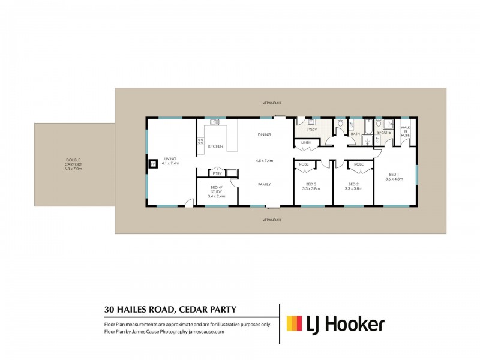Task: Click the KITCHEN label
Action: coord(215,146)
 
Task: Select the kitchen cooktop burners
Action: coord(200,142)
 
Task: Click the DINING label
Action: coord(264,134)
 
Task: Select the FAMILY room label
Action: coord(264,184)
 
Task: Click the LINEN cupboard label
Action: coord(306,142)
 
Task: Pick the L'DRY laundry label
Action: coord(311,130)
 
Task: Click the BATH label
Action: coord(355,134)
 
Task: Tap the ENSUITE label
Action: coord(384,133)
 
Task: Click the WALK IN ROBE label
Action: coord(406,132)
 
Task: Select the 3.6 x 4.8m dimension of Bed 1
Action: coord(394,178)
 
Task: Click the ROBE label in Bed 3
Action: coord(304,164)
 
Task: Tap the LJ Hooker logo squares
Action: coord(294,324)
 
